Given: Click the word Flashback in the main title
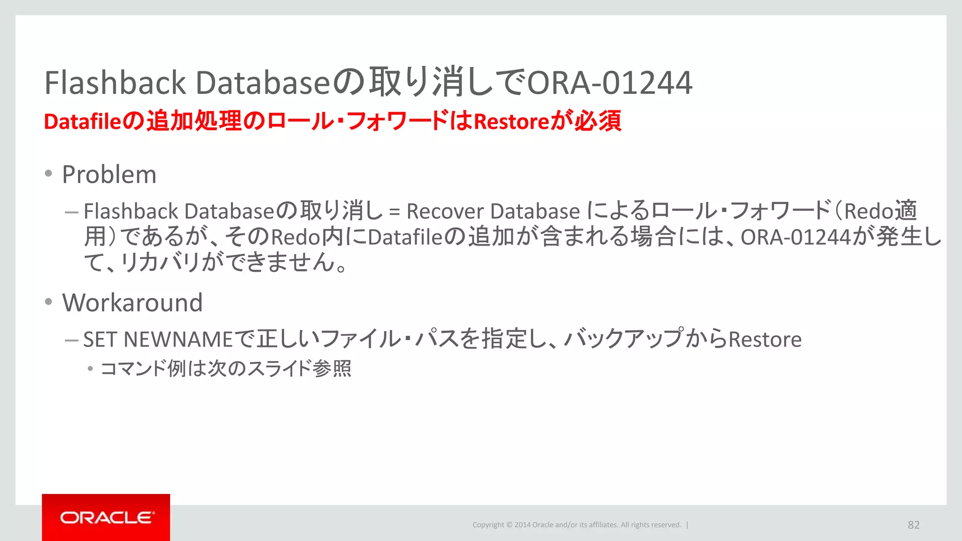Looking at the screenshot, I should click(x=115, y=83).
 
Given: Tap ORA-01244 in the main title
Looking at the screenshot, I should click(x=610, y=83).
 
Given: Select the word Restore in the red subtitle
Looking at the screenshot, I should click(x=512, y=122).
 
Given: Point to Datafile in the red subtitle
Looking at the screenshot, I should click(x=83, y=122).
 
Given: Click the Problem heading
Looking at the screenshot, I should click(x=109, y=175).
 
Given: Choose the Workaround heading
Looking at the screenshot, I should click(x=132, y=302).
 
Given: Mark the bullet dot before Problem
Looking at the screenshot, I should click(x=48, y=174).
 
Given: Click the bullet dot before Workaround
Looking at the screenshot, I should click(x=48, y=302).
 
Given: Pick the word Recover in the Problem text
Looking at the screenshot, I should click(x=445, y=211).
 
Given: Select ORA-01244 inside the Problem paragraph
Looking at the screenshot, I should click(x=796, y=237).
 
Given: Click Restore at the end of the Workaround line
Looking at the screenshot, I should click(x=765, y=340).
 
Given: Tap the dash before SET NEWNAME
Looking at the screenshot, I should click(x=71, y=340).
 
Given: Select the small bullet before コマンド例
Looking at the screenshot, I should click(x=90, y=369).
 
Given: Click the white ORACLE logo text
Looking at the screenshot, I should click(x=107, y=518).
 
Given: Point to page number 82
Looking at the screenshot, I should click(x=913, y=525).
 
